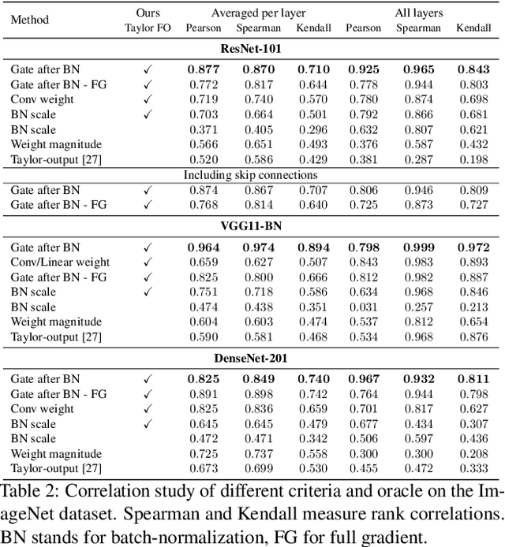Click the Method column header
click(x=29, y=19)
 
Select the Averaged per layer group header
click(x=258, y=13)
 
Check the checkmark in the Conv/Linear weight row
click(x=147, y=262)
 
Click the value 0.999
click(x=419, y=247)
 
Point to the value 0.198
click(x=473, y=160)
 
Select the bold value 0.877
click(x=204, y=70)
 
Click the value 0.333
click(x=473, y=469)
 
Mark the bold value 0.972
click(x=473, y=247)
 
